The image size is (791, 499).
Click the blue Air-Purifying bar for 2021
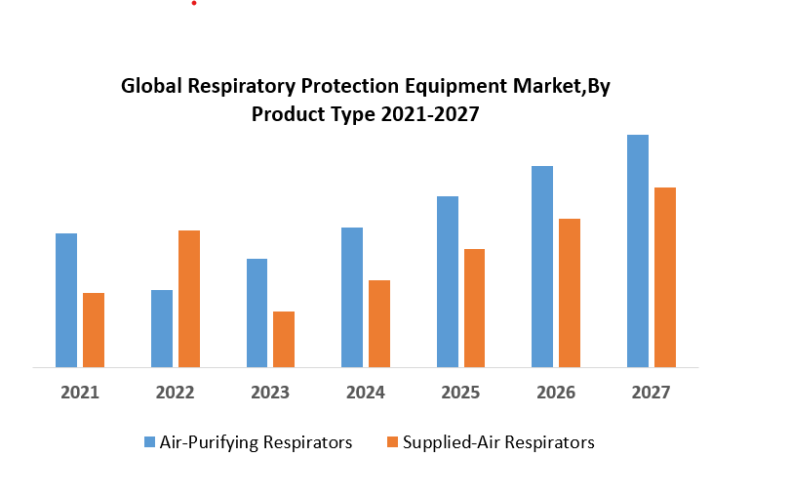[x=66, y=300]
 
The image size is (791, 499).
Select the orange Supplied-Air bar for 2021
[x=94, y=330]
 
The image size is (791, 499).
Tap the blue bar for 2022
[x=162, y=328]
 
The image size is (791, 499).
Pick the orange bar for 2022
[x=189, y=299]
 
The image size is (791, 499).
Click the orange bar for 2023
[x=284, y=339]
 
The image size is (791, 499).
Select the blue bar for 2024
[x=352, y=297]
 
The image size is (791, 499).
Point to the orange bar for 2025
[x=475, y=308]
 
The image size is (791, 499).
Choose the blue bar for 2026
[x=542, y=267]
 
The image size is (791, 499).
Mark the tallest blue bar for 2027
[x=638, y=251]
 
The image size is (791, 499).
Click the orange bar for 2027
[x=665, y=277]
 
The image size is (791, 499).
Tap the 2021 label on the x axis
[x=80, y=393]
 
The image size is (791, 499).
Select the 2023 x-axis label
[x=270, y=393]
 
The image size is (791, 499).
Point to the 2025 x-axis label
[x=460, y=393]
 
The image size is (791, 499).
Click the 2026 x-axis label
[x=556, y=393]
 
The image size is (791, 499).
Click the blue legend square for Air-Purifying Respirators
[x=149, y=442]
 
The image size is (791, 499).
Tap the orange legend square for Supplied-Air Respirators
[x=392, y=442]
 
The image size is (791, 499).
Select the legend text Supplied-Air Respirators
[x=499, y=442]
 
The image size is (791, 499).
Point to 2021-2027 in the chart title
[x=431, y=113]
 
